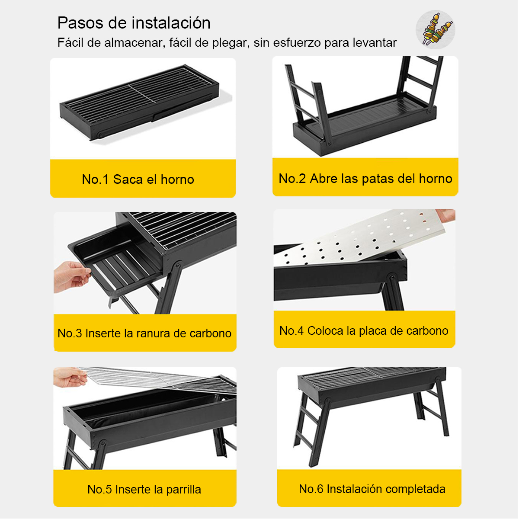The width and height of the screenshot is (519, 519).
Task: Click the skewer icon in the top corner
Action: pyautogui.click(x=435, y=30)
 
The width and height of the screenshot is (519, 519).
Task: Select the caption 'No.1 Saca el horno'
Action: pyautogui.click(x=138, y=179)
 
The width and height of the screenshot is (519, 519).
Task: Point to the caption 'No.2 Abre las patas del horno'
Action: pyautogui.click(x=365, y=179)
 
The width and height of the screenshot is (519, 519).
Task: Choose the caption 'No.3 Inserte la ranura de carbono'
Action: pyautogui.click(x=144, y=333)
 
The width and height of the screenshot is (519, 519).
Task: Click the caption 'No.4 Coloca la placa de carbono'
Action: pyautogui.click(x=364, y=331)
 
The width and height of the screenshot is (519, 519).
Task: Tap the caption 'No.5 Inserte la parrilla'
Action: pyautogui.click(x=144, y=489)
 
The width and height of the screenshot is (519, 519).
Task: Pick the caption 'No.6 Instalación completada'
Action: pyautogui.click(x=372, y=489)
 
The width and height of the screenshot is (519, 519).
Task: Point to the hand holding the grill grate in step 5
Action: pyautogui.click(x=70, y=377)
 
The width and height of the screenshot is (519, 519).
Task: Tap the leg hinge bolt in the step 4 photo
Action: pyautogui.click(x=391, y=277)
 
